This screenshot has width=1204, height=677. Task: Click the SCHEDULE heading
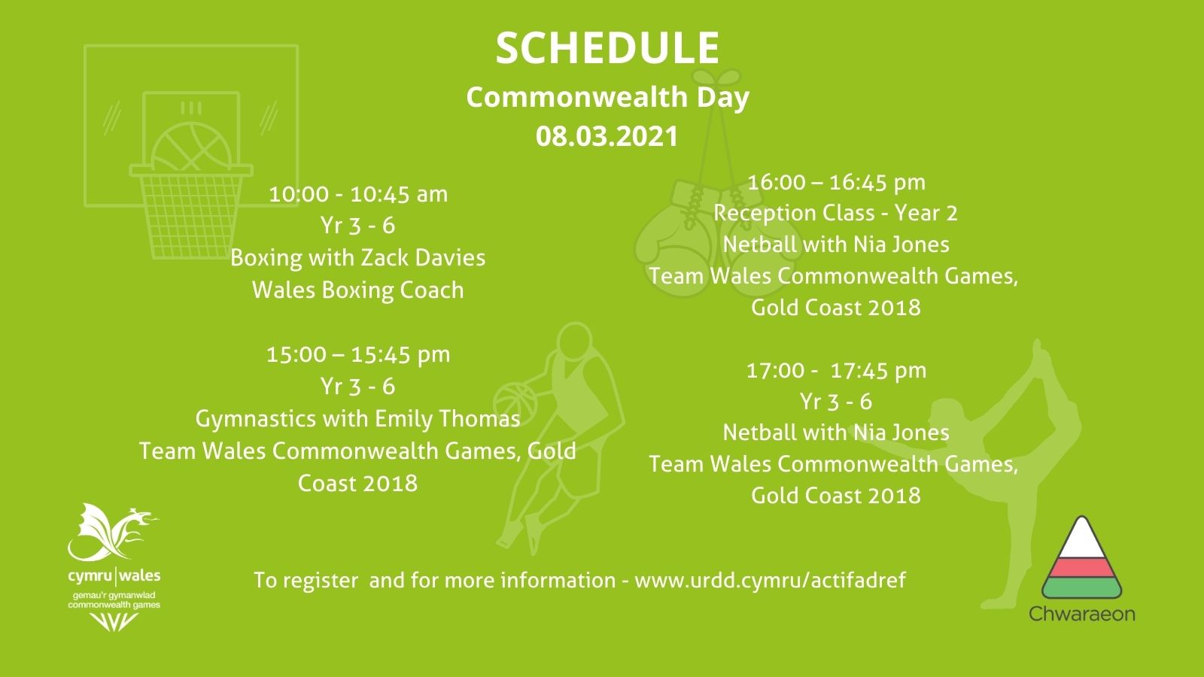click(x=607, y=48)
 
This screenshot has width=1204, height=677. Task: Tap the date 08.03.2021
click(x=607, y=136)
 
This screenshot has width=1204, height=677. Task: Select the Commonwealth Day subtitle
click(x=607, y=98)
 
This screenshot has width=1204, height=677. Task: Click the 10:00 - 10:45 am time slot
click(x=358, y=194)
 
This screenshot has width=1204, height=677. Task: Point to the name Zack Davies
click(x=422, y=258)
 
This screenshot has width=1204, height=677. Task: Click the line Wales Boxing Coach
click(x=358, y=290)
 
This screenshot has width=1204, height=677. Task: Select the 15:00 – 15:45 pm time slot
click(x=358, y=355)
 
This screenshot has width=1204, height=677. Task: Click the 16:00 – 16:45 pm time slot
click(x=836, y=183)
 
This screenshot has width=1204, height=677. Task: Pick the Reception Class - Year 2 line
click(x=836, y=214)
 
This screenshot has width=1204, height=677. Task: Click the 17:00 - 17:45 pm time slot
click(x=836, y=371)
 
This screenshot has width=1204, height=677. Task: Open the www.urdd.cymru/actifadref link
click(x=770, y=581)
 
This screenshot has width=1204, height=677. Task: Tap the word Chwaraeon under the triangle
click(x=1082, y=614)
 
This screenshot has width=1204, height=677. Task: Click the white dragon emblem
click(x=114, y=532)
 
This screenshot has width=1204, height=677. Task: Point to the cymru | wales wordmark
click(x=114, y=576)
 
